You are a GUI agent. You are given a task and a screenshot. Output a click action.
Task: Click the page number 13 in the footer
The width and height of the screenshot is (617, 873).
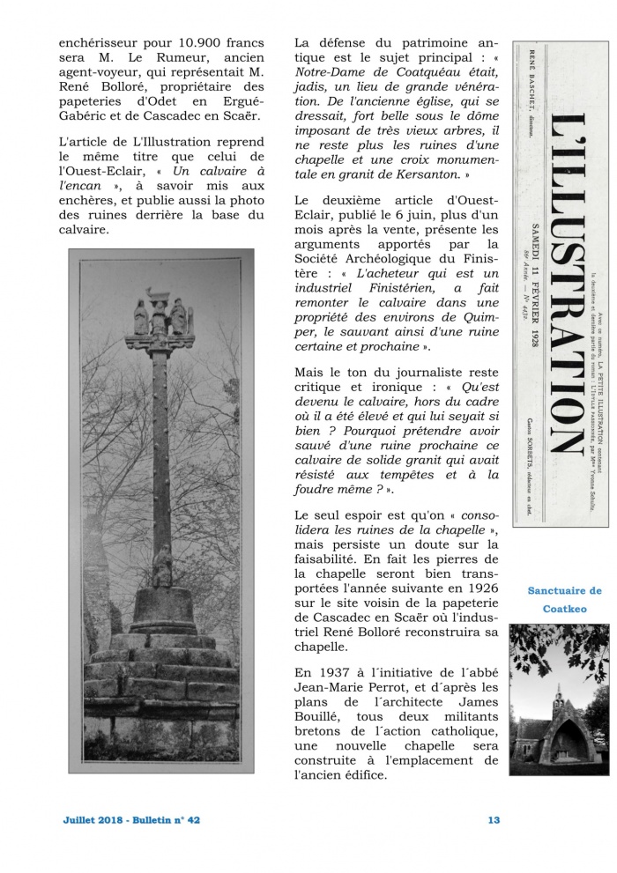point(494,820)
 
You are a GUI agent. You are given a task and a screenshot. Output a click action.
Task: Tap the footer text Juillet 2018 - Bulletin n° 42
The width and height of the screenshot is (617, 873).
point(131,820)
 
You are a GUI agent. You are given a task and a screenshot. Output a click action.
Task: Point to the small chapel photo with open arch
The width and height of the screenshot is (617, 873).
point(559,699)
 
